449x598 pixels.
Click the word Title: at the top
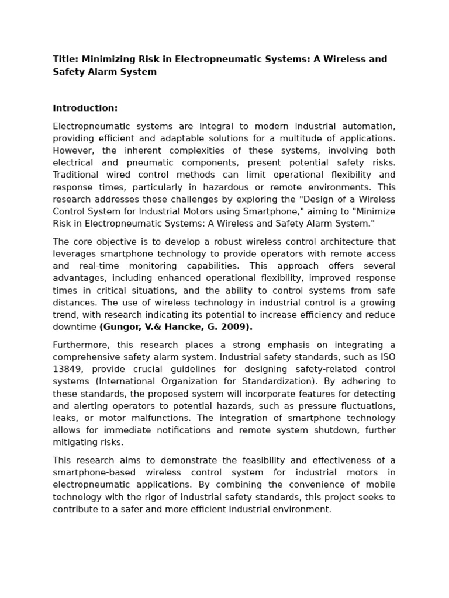click(65, 60)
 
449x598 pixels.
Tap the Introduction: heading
click(85, 108)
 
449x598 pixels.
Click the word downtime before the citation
click(74, 327)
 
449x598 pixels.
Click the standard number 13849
click(66, 369)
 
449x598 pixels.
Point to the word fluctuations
click(366, 406)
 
